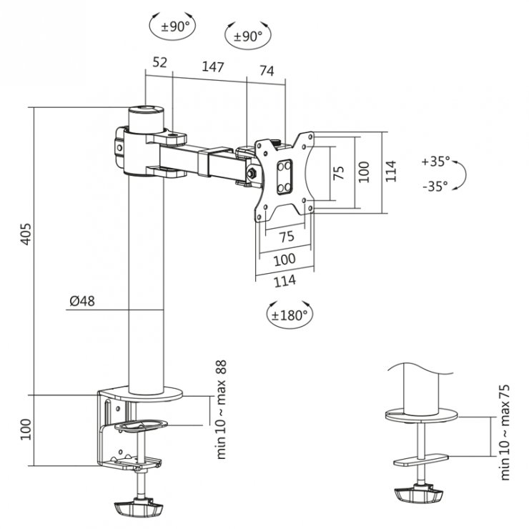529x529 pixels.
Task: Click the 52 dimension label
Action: click(x=159, y=63)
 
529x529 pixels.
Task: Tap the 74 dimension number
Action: click(x=267, y=70)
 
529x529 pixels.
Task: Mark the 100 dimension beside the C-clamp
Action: click(x=26, y=428)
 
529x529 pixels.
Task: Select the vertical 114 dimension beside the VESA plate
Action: click(x=390, y=172)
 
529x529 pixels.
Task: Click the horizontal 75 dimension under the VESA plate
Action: click(x=286, y=237)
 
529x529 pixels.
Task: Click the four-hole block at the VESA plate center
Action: click(x=285, y=174)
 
